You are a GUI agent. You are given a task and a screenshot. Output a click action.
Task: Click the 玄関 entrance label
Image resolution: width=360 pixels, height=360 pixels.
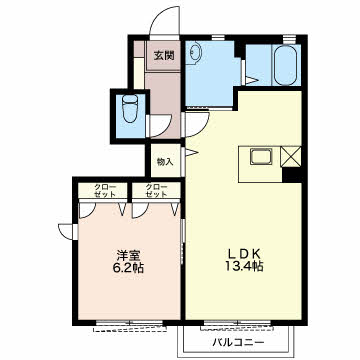click(163, 57)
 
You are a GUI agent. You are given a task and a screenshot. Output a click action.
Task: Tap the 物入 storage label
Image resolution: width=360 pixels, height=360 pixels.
click(165, 162)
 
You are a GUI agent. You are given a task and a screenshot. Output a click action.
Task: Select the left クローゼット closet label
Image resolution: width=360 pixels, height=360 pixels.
click(104, 190)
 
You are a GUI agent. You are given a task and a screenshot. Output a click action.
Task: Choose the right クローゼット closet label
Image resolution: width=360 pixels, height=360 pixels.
click(156, 190)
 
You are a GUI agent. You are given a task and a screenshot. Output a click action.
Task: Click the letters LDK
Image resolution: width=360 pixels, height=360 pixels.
click(244, 254)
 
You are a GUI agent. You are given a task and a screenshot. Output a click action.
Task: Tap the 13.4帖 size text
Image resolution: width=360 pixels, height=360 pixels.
click(244, 269)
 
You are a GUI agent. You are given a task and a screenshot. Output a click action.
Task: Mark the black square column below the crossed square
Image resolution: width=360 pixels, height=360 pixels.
click(290, 176)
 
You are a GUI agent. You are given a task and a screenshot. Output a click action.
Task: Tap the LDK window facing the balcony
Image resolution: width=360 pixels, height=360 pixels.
click(236, 325)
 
